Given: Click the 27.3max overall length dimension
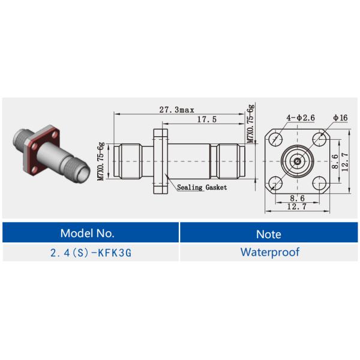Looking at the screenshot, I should tap(176, 110).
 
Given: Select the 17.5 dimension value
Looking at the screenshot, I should tap(206, 120).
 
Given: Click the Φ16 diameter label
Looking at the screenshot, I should tap(340, 117).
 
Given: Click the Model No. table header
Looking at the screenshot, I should tap(91, 233).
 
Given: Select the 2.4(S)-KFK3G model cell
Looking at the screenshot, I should tap(91, 252).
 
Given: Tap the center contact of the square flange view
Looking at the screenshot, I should tap(297, 161).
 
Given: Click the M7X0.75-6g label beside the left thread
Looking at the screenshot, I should tap(101, 161).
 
